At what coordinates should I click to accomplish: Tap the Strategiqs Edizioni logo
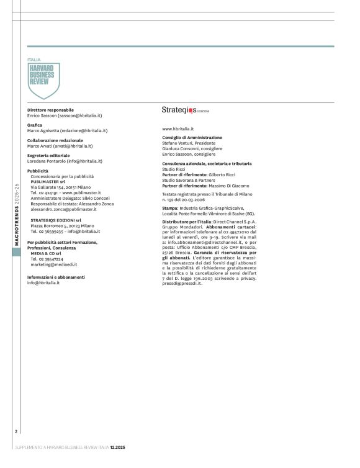[x=185, y=110]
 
